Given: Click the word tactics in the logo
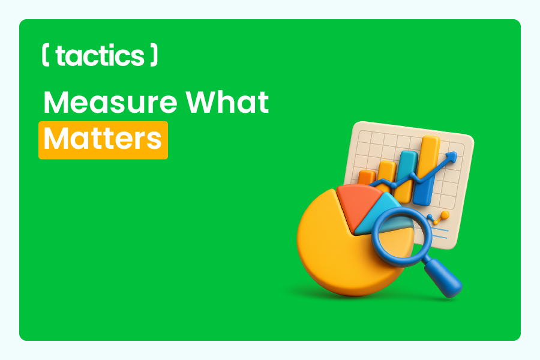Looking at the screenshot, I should coord(99,56).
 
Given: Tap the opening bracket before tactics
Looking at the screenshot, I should coord(46,55).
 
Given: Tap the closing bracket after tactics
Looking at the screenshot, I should coord(154,55).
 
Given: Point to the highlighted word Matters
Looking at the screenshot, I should coord(103,139).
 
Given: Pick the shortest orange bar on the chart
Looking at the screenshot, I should coord(366,178).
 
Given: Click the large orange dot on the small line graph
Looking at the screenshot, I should coord(445,214).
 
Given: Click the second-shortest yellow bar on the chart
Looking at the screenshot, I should coord(387,174).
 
